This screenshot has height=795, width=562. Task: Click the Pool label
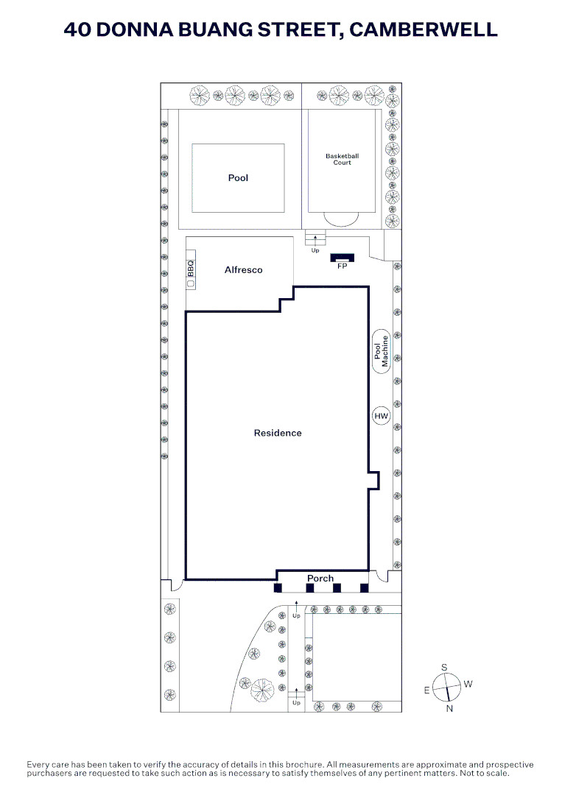click(x=238, y=178)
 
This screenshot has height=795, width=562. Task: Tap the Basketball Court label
click(x=342, y=159)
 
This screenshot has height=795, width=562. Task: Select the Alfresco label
click(x=244, y=270)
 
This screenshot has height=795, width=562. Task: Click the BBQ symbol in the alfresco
click(x=191, y=269)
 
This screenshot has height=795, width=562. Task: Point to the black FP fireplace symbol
click(x=342, y=258)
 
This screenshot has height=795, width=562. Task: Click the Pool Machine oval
click(x=381, y=351)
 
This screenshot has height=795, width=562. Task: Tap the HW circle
click(x=381, y=416)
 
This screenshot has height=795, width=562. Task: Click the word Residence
click(x=278, y=433)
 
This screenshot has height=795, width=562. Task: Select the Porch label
click(x=320, y=579)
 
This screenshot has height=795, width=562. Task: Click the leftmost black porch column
click(x=278, y=588)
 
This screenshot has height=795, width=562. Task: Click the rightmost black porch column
click(x=364, y=588)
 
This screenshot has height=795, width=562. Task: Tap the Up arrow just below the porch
click(x=296, y=606)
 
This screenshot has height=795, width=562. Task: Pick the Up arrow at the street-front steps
click(x=296, y=693)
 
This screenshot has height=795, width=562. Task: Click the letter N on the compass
click(x=449, y=709)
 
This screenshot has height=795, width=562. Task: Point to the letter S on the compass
click(x=444, y=668)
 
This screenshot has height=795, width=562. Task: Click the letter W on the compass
click(x=468, y=684)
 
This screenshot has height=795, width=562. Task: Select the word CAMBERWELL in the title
click(x=423, y=29)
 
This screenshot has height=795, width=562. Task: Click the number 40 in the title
click(x=77, y=29)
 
